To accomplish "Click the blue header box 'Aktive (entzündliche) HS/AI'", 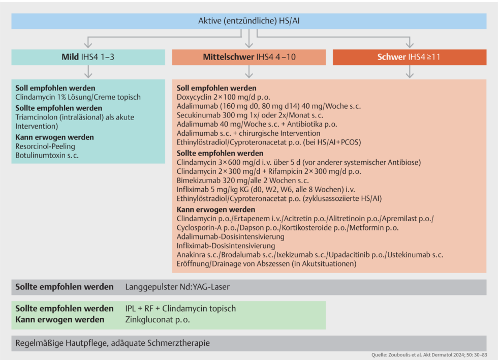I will (x=248, y=21).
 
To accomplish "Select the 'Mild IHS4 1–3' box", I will (x=88, y=57).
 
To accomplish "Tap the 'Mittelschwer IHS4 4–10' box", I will (x=248, y=57).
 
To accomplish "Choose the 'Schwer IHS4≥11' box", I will (x=409, y=57).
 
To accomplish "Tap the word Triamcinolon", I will (x=37, y=117).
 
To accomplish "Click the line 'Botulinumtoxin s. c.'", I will (x=47, y=155).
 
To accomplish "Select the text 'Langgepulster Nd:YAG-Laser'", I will (x=177, y=287).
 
